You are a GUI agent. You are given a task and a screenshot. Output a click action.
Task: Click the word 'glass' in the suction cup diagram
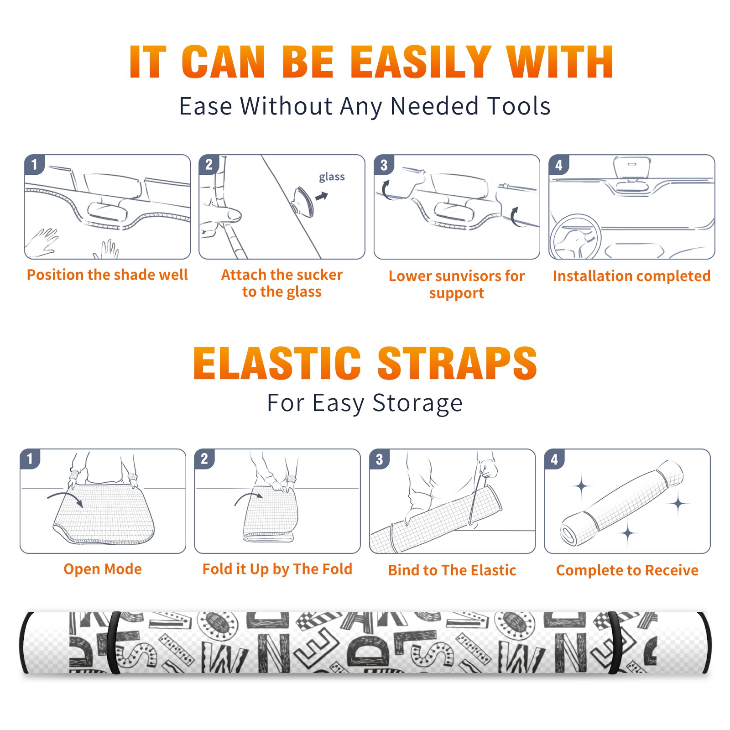click(x=332, y=177)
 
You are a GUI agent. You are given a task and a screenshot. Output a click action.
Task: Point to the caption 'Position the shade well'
click(x=107, y=275)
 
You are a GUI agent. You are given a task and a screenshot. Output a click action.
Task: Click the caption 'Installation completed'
click(x=631, y=276)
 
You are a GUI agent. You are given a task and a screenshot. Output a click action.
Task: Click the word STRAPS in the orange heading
click(x=458, y=363)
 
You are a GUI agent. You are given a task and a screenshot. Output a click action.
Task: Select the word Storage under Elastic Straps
click(x=417, y=403)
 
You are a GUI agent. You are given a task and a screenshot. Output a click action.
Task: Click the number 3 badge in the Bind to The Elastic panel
click(x=380, y=459)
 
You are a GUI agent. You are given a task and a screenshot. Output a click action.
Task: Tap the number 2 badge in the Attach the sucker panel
click(x=209, y=165)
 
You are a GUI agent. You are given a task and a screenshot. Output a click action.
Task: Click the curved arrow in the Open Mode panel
click(x=65, y=498)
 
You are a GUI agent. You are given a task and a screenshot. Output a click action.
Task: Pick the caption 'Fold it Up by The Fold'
click(x=277, y=569)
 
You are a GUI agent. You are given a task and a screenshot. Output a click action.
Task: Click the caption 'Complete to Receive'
click(x=627, y=570)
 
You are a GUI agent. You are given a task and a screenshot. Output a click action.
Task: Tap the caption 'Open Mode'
click(x=103, y=569)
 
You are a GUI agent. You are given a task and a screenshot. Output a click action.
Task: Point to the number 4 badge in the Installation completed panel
click(x=559, y=165)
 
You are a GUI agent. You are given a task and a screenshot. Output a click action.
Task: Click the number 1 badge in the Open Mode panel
click(x=30, y=459)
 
